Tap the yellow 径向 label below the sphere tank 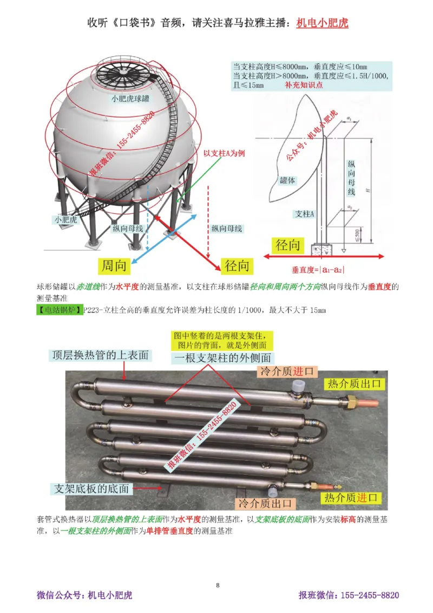[237, 266]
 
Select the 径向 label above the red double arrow [288, 245]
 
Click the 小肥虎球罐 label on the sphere [130, 99]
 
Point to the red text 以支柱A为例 [224, 153]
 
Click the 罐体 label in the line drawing [287, 180]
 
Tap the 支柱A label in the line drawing [305, 214]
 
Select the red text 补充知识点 [303, 86]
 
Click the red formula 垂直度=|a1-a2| [318, 269]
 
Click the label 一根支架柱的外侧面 [222, 358]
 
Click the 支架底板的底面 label [91, 488]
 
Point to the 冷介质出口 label [265, 503]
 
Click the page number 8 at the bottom [218, 585]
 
